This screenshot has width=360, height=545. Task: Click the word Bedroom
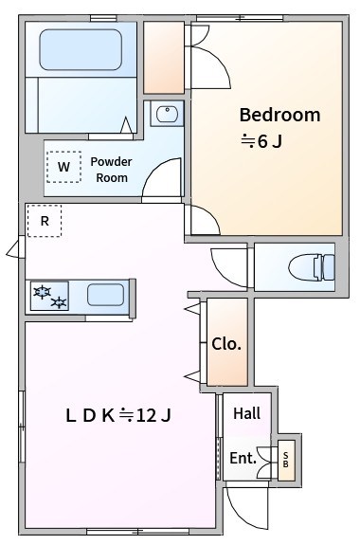[x=279, y=115]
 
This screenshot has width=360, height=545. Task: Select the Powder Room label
[x=111, y=169]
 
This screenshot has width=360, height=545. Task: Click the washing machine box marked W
[x=63, y=168]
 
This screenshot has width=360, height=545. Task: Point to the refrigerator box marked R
[x=44, y=221]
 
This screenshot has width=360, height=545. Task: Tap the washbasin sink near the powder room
[x=168, y=114]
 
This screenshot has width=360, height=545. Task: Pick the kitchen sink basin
[x=105, y=295]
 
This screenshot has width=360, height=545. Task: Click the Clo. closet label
[x=226, y=344]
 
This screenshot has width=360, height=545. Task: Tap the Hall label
[x=247, y=413]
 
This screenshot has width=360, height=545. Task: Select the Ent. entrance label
[x=243, y=459]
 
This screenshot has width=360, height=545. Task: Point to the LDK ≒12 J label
[x=117, y=414]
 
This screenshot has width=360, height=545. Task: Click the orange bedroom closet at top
[x=165, y=57]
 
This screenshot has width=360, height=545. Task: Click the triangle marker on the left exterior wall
[x=12, y=250]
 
